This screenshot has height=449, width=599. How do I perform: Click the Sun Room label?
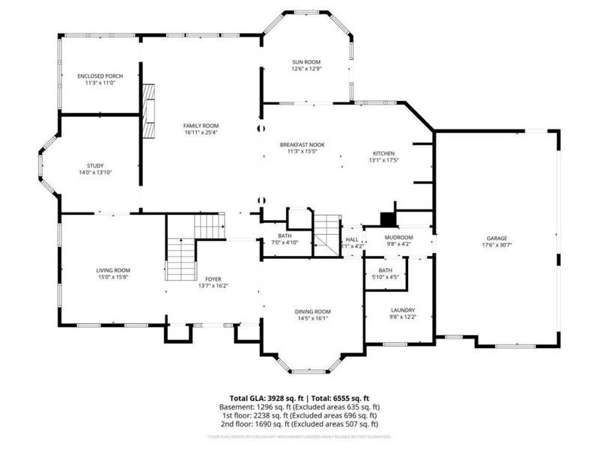point(305,62)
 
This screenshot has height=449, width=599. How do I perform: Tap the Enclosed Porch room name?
point(100,76)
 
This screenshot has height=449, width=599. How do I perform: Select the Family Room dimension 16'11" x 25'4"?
point(201,133)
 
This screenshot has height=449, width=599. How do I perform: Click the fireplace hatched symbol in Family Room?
point(150,111)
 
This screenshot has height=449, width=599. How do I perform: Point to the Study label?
point(95,165)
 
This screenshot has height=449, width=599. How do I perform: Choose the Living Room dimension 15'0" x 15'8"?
point(113,278)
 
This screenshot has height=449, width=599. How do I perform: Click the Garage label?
point(497,239)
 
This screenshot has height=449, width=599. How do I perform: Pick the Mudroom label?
point(398,236)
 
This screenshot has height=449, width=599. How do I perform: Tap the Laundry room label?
point(403,310)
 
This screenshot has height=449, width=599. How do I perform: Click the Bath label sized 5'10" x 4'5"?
point(385,270)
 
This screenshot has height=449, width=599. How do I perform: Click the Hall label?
point(352,239)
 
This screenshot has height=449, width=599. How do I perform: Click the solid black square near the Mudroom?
point(388,219)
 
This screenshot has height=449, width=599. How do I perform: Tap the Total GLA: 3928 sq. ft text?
point(262,398)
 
